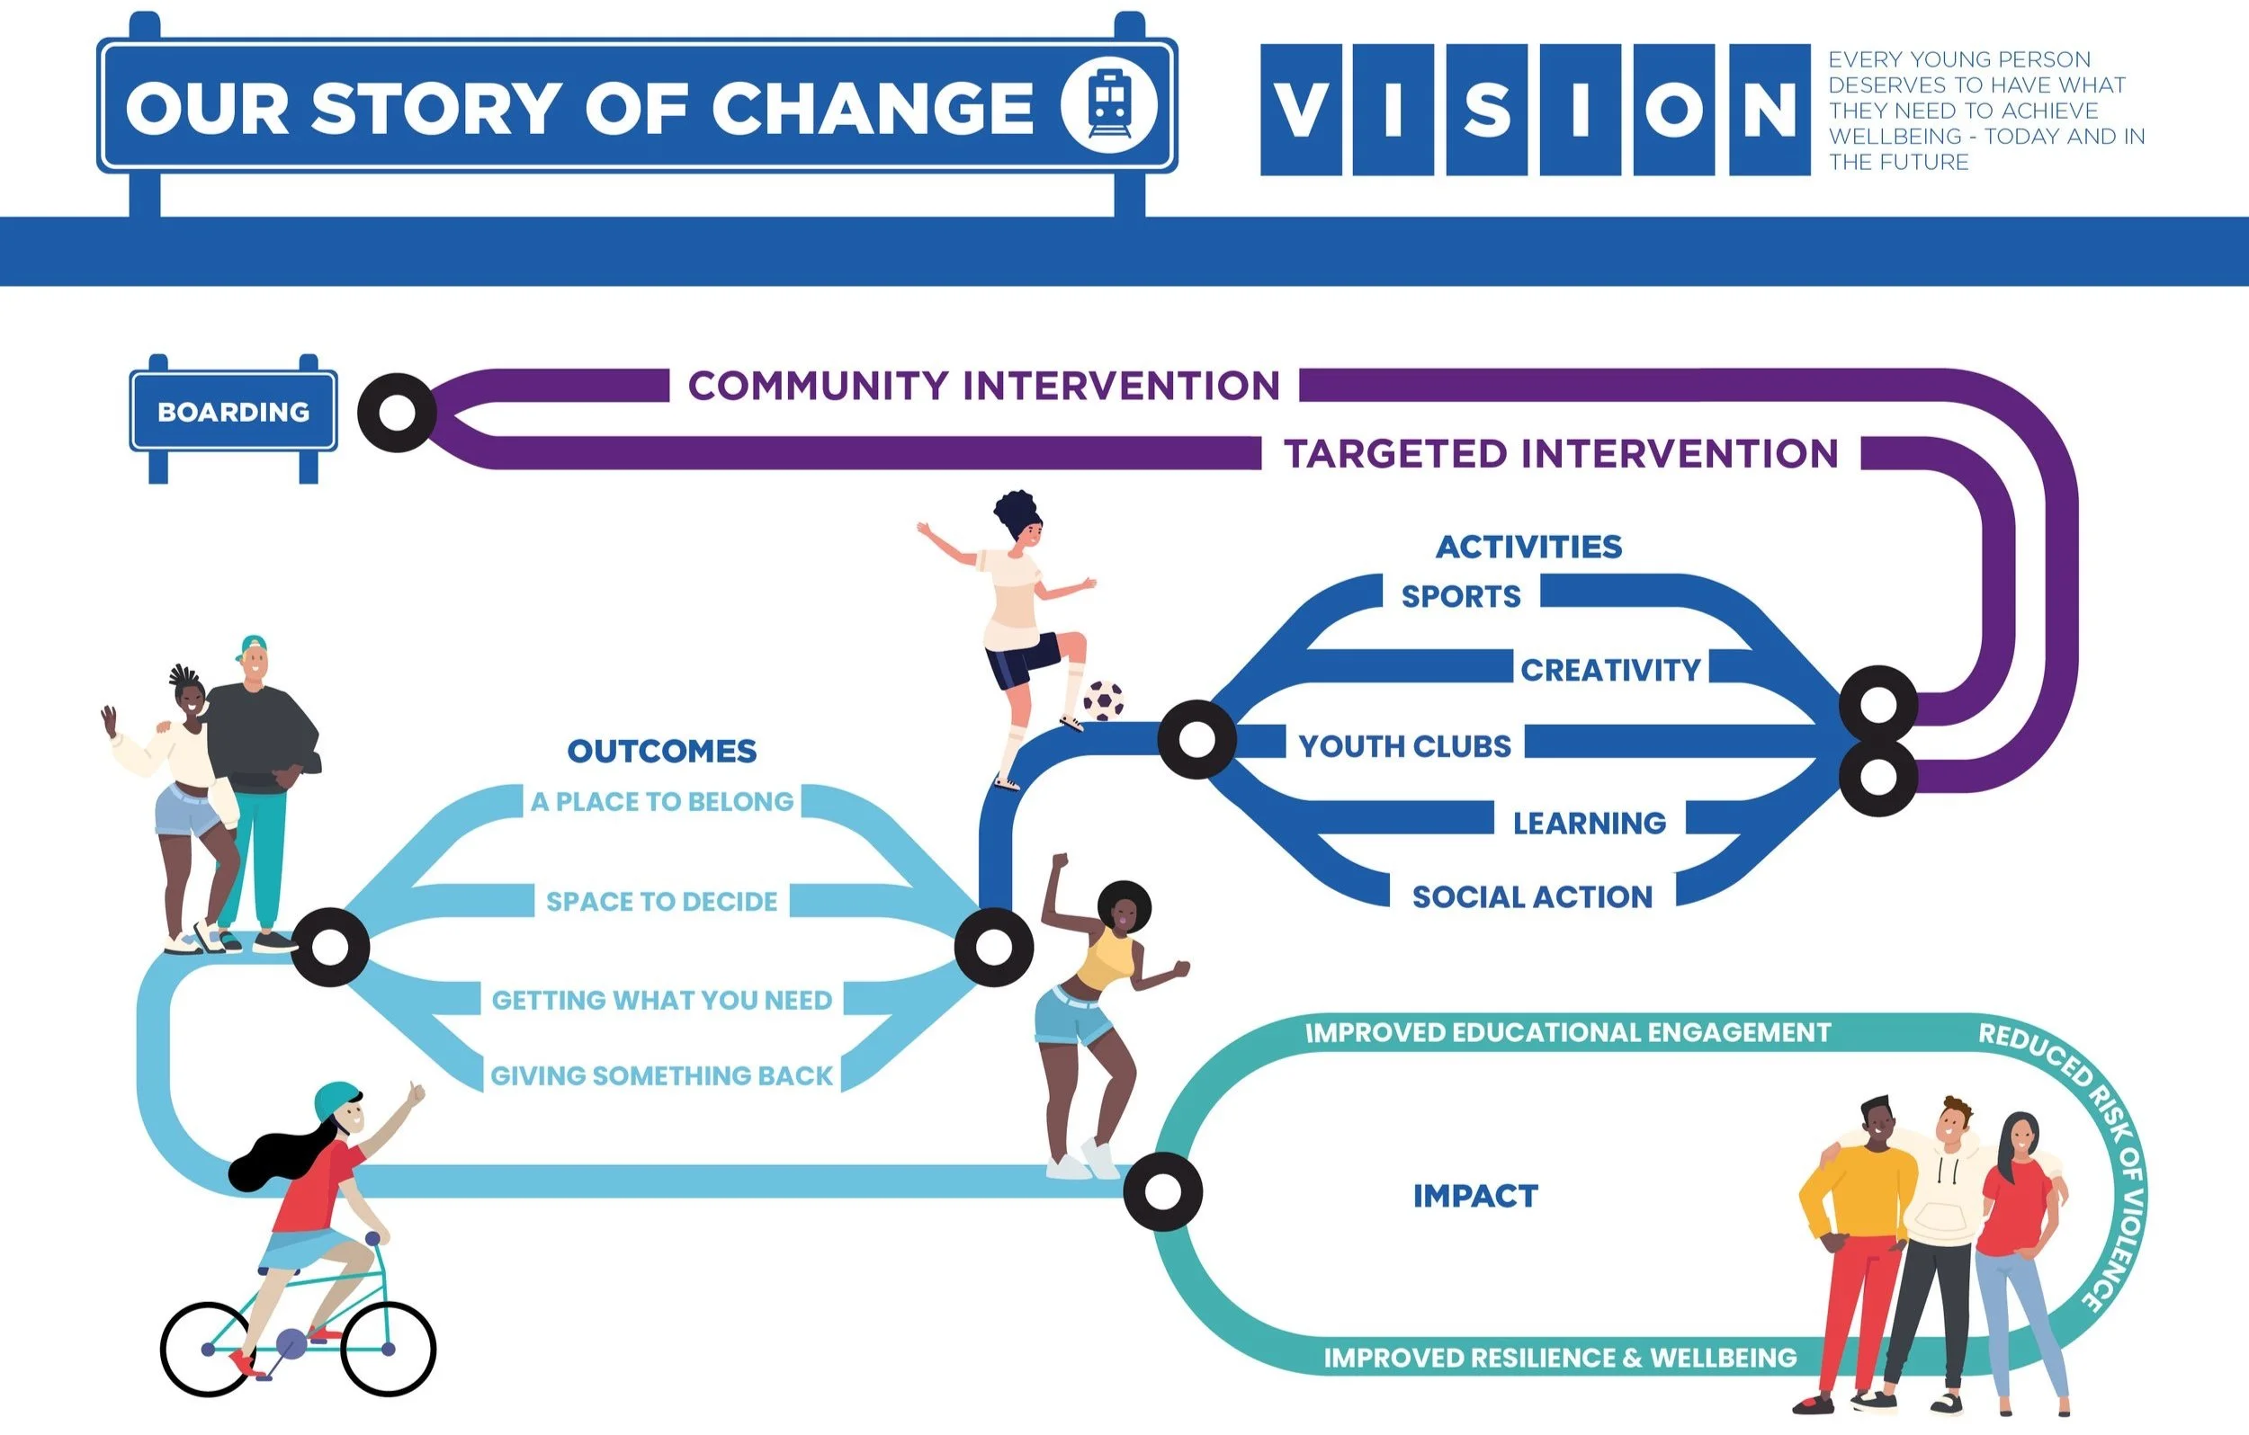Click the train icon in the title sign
(x=1108, y=104)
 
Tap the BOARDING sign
(x=234, y=412)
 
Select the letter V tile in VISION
(x=1300, y=109)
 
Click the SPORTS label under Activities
(x=1461, y=595)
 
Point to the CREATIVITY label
(x=1610, y=670)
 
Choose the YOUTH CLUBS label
(x=1403, y=746)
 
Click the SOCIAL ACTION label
(x=1532, y=897)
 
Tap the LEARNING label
(x=1589, y=823)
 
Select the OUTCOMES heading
(x=661, y=751)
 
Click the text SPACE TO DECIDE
(x=661, y=901)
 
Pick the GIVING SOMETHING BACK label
(x=661, y=1075)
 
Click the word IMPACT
(x=1474, y=1196)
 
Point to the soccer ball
(x=1103, y=700)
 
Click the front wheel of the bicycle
(x=389, y=1348)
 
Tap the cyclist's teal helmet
(x=336, y=1100)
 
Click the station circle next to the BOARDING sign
(x=397, y=413)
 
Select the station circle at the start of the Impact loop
(x=1163, y=1191)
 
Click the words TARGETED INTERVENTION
(x=1561, y=454)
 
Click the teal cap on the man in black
(x=253, y=646)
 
